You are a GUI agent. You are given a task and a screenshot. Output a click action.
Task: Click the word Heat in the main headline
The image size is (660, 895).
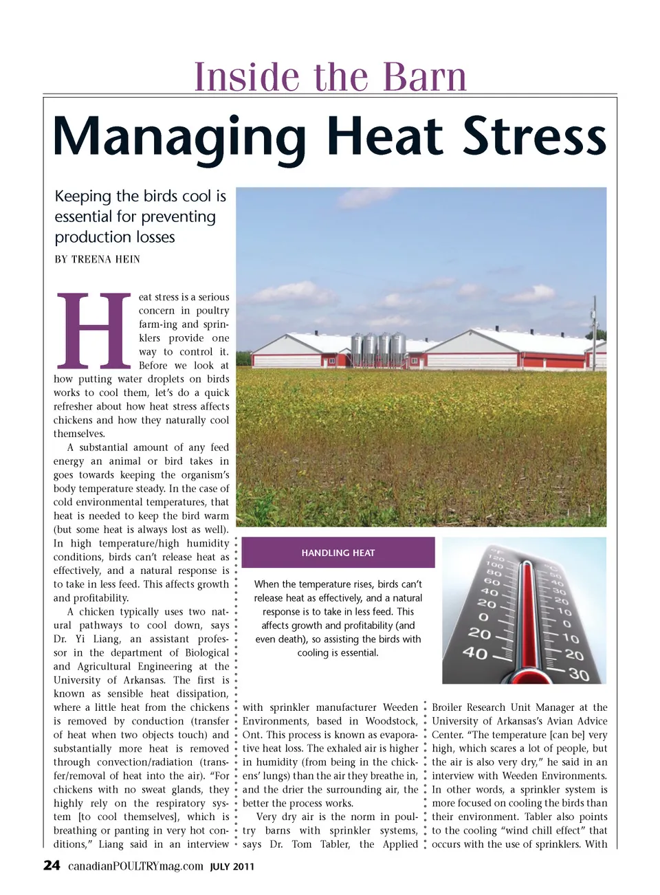point(384,137)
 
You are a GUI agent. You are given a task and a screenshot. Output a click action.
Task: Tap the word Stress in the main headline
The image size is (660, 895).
point(534,137)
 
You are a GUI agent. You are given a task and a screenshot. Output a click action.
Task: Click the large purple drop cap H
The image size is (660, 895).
point(94,330)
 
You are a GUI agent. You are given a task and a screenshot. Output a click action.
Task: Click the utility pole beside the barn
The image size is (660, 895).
point(595,330)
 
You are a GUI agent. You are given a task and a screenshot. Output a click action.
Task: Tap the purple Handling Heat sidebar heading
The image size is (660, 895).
point(338,553)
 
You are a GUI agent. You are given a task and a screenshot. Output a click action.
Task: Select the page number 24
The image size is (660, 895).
point(52,865)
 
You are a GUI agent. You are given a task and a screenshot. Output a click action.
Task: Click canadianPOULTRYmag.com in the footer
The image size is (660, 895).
point(135,866)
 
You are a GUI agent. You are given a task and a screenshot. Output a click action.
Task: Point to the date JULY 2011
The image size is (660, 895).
point(232,867)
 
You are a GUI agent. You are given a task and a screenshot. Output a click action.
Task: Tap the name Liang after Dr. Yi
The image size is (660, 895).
point(107,639)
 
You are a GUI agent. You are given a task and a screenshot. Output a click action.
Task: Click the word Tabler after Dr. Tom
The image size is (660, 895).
point(335,844)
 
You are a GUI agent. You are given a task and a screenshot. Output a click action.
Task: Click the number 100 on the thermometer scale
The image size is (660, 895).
point(494,565)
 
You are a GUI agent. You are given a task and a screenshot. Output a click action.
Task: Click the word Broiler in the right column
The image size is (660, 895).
point(450,707)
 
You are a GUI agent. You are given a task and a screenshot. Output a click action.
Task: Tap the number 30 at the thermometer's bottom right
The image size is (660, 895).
point(579,675)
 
